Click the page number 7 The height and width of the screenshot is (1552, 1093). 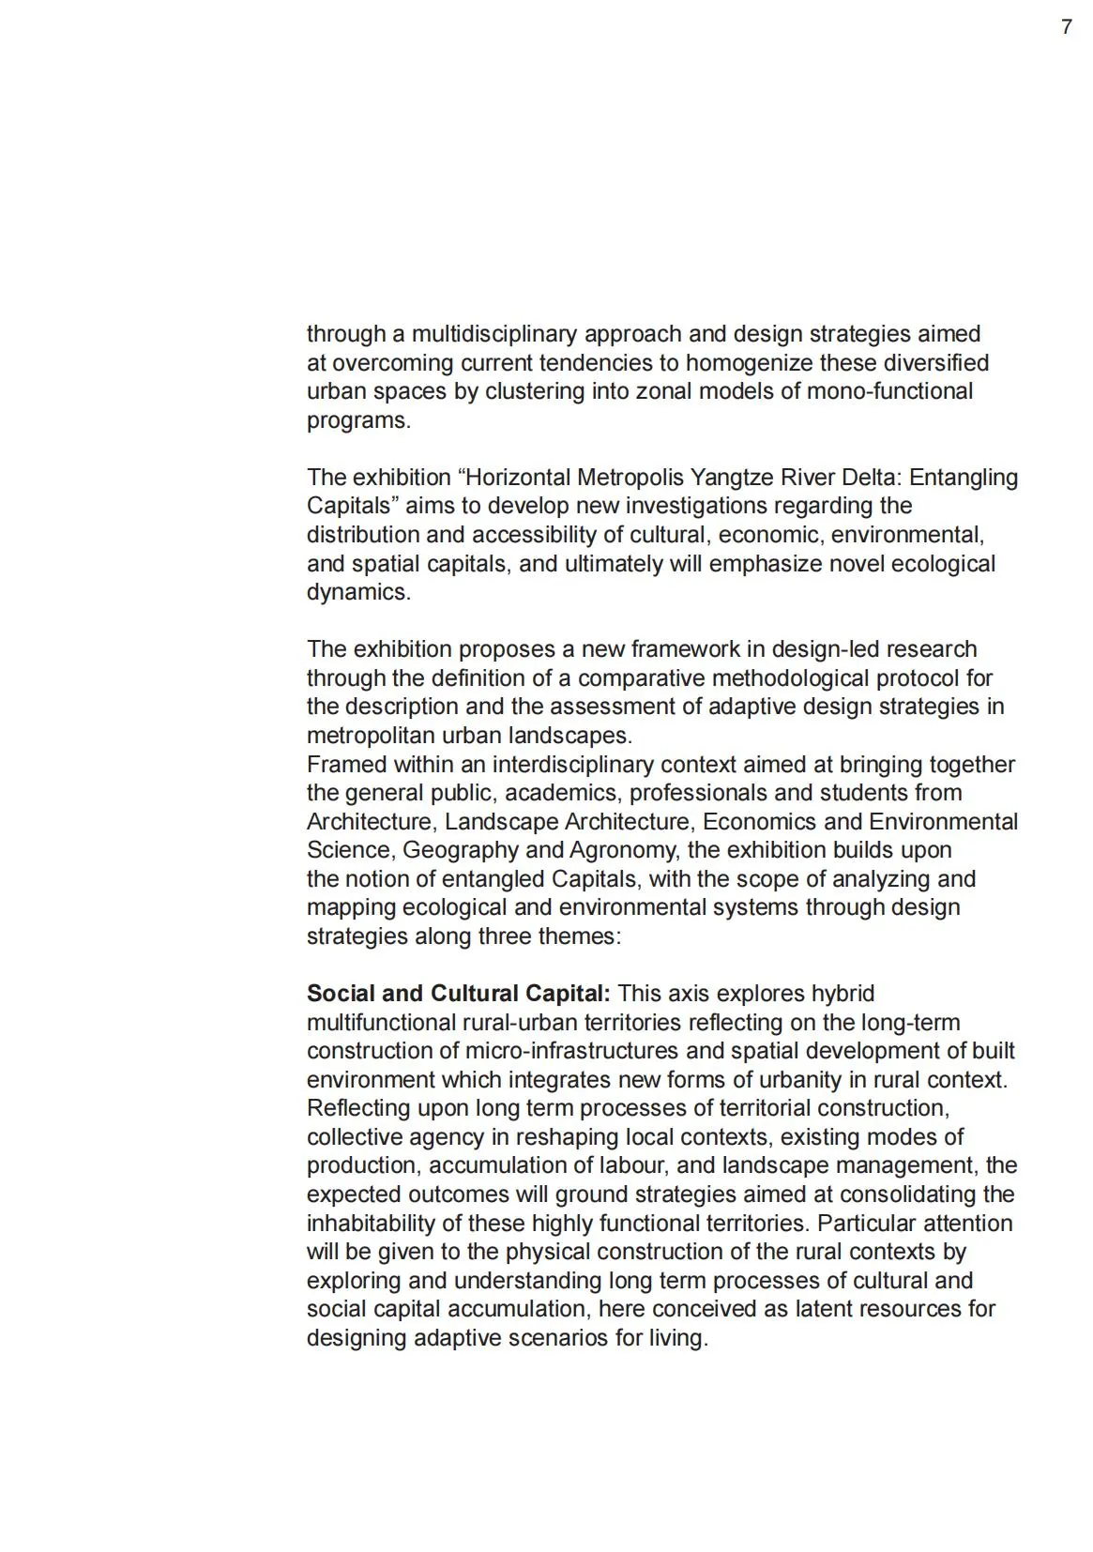[1066, 27]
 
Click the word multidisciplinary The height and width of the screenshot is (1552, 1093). [494, 334]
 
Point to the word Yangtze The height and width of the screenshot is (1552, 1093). [733, 478]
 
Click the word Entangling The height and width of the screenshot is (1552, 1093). [964, 478]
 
